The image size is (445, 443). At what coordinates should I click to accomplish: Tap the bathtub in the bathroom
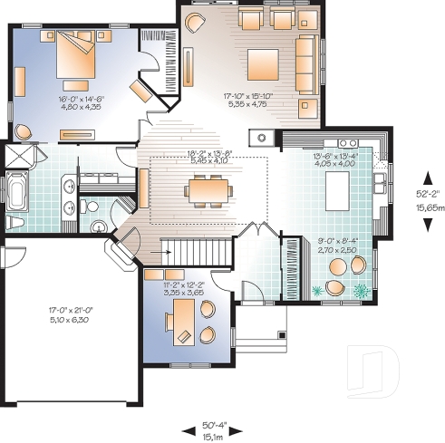click(17, 193)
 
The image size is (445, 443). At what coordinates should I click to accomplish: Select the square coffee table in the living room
click(265, 62)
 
